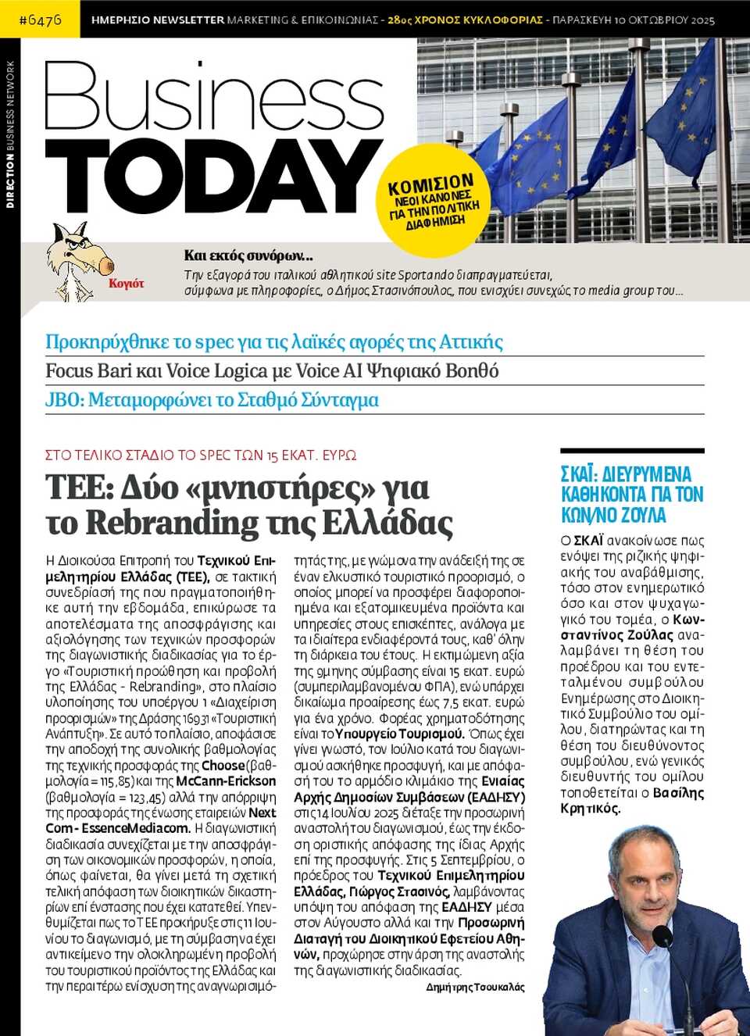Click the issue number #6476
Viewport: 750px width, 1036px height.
tap(40, 20)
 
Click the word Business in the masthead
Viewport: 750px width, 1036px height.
tap(212, 98)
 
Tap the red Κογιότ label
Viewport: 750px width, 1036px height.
tap(127, 284)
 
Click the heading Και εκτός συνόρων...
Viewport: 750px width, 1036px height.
tap(248, 255)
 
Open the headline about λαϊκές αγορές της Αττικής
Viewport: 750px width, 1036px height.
tap(273, 342)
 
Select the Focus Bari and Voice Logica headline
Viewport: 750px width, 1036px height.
tap(272, 371)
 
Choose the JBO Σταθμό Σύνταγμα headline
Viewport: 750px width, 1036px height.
tap(212, 400)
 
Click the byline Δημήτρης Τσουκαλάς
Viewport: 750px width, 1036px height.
tap(475, 988)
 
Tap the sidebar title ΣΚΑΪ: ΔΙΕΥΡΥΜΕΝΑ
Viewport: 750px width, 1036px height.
tap(626, 474)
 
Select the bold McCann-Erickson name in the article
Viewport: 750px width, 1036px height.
tap(226, 781)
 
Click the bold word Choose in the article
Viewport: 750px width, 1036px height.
tap(223, 766)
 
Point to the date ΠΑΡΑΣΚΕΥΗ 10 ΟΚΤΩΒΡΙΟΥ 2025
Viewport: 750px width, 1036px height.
tap(633, 20)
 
